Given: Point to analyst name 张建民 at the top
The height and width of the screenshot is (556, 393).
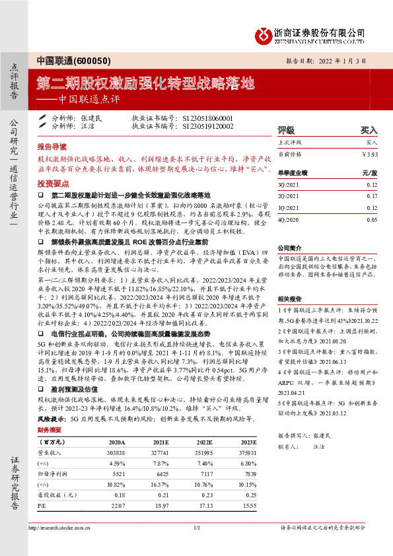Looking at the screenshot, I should [92, 117].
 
